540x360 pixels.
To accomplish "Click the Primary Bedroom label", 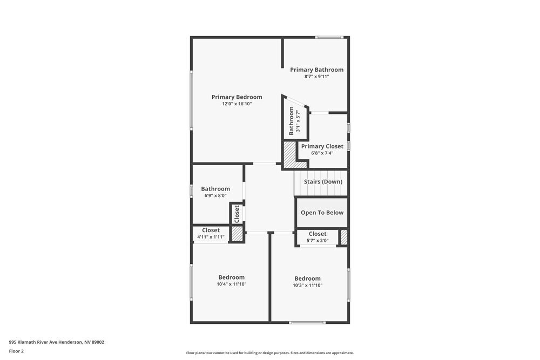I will pyautogui.click(x=237, y=97).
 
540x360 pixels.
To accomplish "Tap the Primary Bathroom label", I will pyautogui.click(x=316, y=70).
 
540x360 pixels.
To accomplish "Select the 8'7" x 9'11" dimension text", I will pyautogui.click(x=316, y=77).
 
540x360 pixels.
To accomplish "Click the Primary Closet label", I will pyautogui.click(x=322, y=146).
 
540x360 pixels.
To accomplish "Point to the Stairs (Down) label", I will pyautogui.click(x=323, y=182).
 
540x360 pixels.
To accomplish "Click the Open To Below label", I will pyautogui.click(x=322, y=213).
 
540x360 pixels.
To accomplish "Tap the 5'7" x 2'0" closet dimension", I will pyautogui.click(x=317, y=241).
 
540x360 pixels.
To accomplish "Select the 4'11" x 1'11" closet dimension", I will pyautogui.click(x=211, y=237).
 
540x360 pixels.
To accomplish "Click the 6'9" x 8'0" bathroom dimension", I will pyautogui.click(x=215, y=196).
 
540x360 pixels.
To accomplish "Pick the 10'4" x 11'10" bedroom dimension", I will pyautogui.click(x=231, y=284).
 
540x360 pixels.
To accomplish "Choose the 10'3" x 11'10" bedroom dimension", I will pyautogui.click(x=307, y=286).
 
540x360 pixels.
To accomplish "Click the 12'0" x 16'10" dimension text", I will pyautogui.click(x=237, y=104).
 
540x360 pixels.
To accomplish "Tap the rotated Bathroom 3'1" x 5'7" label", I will pyautogui.click(x=294, y=121).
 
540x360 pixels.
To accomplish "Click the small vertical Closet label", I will pyautogui.click(x=237, y=214).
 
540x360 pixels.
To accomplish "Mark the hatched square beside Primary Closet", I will pyautogui.click(x=290, y=154).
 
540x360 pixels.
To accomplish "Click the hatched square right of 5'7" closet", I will pyautogui.click(x=343, y=237).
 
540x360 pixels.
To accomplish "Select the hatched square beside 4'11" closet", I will pyautogui.click(x=237, y=234).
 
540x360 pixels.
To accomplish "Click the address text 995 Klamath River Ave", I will pyautogui.click(x=56, y=342).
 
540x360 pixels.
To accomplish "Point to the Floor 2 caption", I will pyautogui.click(x=16, y=351).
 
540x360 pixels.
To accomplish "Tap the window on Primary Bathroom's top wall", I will pyautogui.click(x=329, y=37).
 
